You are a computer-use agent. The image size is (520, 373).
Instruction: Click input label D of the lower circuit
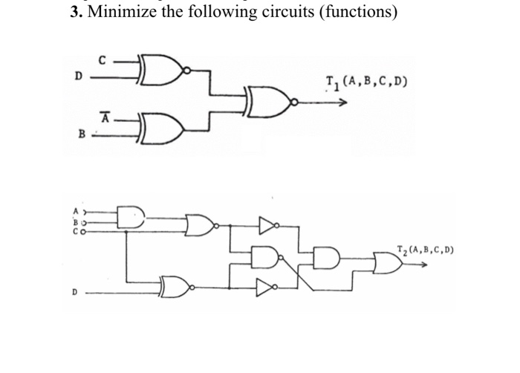point(75,293)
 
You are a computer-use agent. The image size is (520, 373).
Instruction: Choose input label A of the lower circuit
point(74,210)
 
